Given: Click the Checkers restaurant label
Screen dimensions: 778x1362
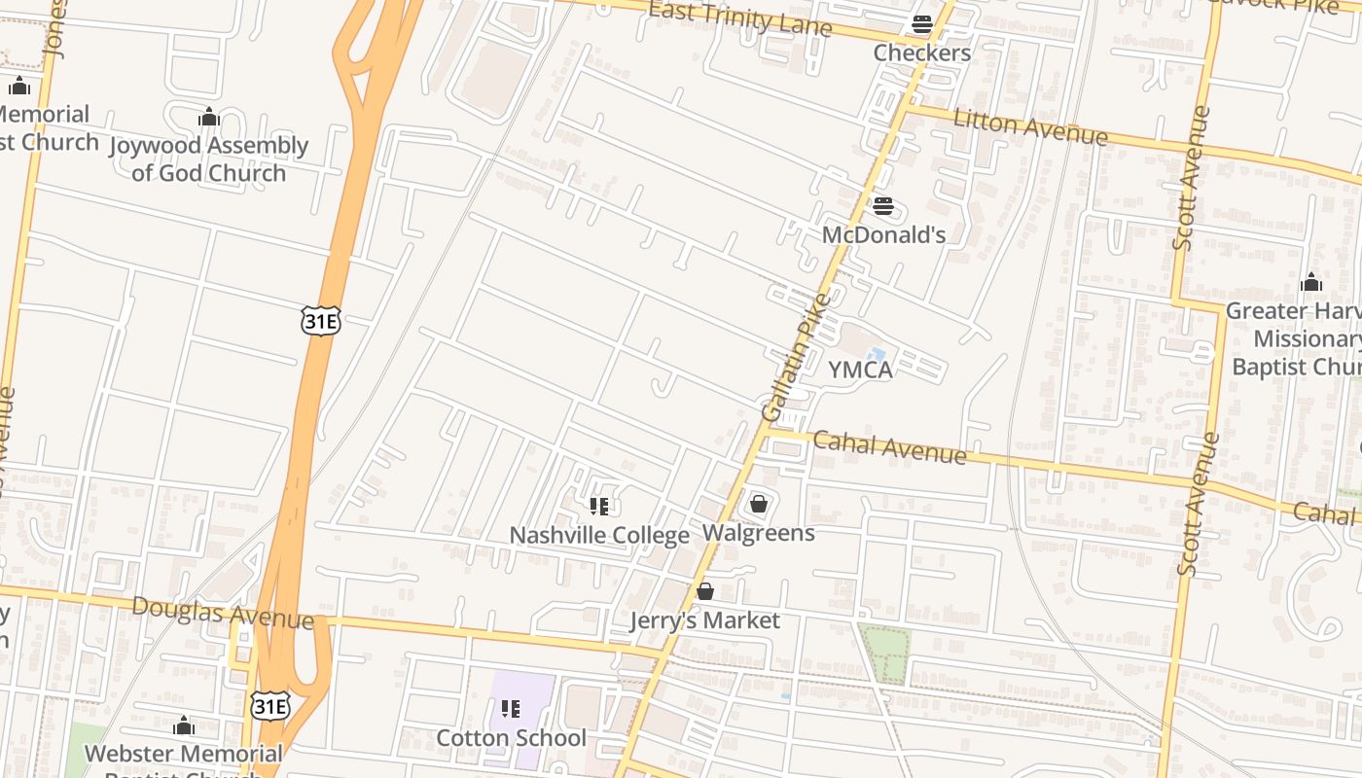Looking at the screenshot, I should [921, 53].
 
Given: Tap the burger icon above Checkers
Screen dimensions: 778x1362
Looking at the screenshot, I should [921, 24].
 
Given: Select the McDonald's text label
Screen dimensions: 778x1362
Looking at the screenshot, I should [883, 234].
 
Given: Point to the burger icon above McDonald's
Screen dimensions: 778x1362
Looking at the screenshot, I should [883, 206].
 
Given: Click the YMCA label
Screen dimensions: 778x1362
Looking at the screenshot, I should [860, 370].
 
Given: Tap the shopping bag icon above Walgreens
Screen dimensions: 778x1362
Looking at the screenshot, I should [759, 504].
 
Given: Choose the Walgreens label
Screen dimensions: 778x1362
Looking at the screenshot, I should [759, 533].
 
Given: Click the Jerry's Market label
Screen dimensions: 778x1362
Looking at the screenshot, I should [705, 620].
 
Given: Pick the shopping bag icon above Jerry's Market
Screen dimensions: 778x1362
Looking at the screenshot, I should [705, 591].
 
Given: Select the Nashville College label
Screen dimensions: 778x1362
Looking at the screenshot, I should [599, 535].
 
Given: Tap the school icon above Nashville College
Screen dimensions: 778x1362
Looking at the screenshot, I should [599, 506].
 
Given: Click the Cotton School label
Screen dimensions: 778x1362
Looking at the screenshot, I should [511, 737].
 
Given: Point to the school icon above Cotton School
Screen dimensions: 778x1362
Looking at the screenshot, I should [511, 708].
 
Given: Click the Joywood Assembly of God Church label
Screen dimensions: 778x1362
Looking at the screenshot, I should [208, 159].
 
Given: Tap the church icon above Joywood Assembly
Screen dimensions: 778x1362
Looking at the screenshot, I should [208, 119].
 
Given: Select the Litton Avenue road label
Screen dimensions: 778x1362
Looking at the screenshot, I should [1030, 127].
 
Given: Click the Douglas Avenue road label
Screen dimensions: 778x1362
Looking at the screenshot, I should [223, 614].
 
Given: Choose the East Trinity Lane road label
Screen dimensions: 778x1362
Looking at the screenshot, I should [739, 18].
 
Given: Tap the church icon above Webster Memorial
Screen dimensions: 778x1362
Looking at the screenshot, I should [184, 726].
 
